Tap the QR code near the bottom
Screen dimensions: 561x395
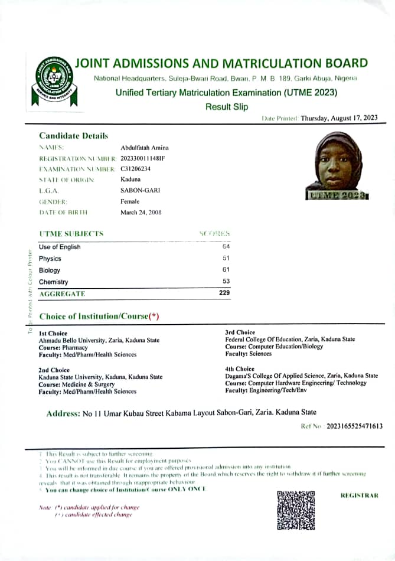click(x=295, y=510)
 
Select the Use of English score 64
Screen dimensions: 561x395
click(x=226, y=246)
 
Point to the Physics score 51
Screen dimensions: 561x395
click(x=226, y=258)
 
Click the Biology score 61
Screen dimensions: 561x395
click(x=226, y=270)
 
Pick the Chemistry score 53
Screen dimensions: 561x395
click(x=226, y=282)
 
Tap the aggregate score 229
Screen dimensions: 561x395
click(x=224, y=293)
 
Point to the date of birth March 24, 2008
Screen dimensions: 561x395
click(x=141, y=212)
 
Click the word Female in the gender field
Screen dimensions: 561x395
click(x=130, y=201)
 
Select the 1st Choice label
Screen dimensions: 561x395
click(x=53, y=334)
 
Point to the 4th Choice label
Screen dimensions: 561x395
click(x=240, y=369)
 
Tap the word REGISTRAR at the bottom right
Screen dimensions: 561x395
click(x=360, y=495)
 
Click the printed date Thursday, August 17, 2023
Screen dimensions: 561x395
click(x=339, y=118)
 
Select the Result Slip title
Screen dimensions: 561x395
click(x=227, y=107)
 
